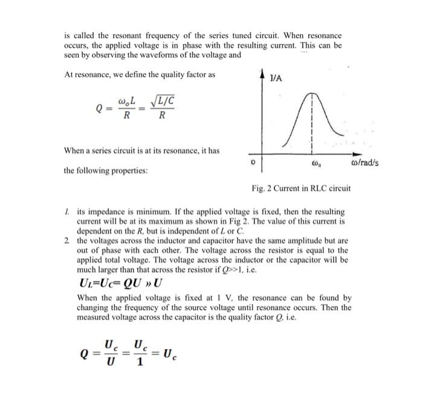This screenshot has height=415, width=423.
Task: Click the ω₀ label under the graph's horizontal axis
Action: (313, 164)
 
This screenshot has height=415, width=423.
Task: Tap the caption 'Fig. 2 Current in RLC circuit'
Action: (301, 189)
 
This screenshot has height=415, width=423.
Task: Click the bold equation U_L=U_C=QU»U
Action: (121, 283)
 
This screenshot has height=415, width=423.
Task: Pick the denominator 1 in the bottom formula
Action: (139, 362)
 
